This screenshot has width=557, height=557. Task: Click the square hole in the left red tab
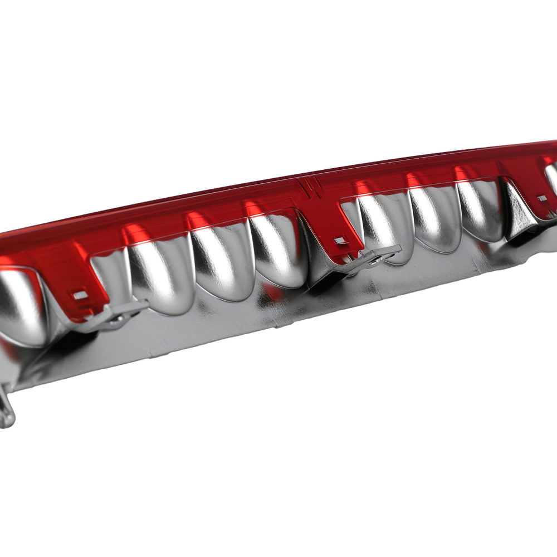click(x=80, y=295)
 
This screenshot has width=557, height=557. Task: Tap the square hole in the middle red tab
click(x=339, y=241)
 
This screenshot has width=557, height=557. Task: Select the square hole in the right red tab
click(x=541, y=198)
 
